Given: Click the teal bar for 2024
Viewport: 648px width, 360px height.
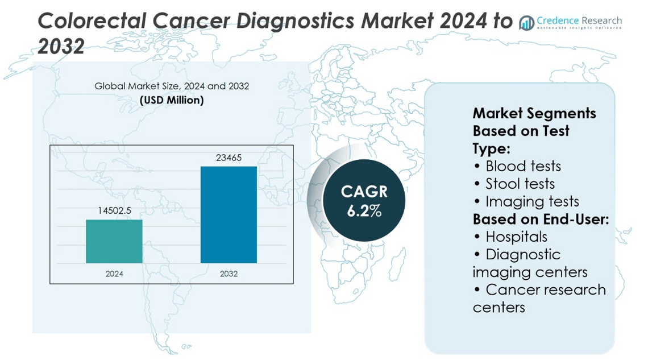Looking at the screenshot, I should [x=114, y=241].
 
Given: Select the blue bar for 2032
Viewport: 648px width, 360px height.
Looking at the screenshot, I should [x=229, y=214].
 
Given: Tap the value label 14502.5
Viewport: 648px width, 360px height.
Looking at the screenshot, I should [x=114, y=210].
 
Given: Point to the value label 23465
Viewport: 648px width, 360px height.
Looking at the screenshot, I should [x=229, y=158].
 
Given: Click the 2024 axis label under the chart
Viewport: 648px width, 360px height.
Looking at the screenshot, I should [x=114, y=274].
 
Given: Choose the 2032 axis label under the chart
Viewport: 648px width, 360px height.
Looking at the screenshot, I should [x=229, y=274].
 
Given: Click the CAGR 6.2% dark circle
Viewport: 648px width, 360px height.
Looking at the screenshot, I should [x=364, y=201].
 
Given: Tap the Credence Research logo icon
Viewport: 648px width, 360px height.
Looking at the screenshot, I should [x=526, y=23].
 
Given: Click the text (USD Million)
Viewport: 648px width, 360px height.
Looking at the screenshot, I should [x=172, y=100].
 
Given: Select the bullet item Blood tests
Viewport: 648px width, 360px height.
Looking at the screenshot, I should [x=523, y=166].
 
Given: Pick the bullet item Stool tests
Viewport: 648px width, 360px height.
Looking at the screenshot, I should [x=520, y=184].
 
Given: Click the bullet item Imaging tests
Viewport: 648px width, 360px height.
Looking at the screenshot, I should [x=532, y=201].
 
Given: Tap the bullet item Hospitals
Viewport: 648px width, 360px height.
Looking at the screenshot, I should [x=516, y=237].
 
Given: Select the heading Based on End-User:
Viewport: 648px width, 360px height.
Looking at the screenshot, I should [x=541, y=219].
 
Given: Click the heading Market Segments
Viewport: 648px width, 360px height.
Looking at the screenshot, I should [x=534, y=113].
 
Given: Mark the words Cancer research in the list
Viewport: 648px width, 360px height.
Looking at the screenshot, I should [x=546, y=289].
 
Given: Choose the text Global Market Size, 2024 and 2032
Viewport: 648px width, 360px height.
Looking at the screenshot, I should [x=172, y=86].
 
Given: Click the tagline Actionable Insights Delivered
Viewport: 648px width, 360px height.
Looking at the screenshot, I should [x=579, y=28].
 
